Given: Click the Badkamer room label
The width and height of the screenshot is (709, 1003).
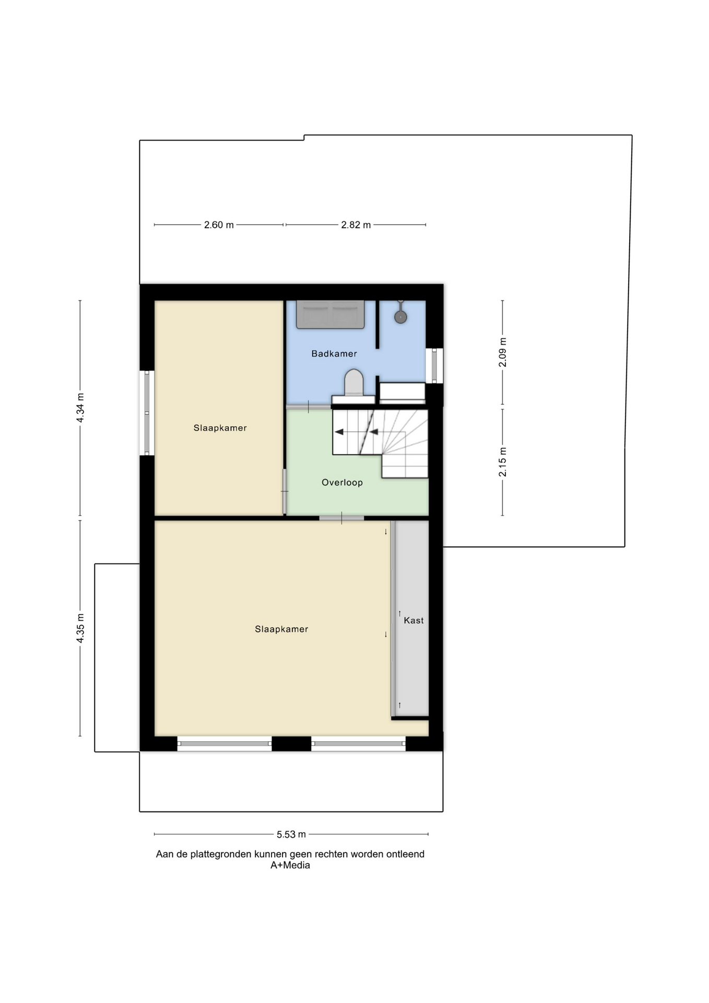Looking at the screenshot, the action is point(334,354).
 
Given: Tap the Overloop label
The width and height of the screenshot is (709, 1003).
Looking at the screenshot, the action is point(342,483).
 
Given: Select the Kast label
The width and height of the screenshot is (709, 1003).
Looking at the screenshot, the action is point(413,621).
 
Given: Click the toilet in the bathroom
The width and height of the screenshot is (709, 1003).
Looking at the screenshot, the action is point(354,382).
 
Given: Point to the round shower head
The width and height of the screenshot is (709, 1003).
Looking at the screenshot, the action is point(400,317).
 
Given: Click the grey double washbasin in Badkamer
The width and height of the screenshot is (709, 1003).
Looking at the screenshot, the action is point(330,314).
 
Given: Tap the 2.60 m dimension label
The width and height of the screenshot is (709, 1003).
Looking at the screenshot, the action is point(219,225).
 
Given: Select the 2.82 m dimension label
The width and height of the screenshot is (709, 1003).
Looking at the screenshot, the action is point(356,225).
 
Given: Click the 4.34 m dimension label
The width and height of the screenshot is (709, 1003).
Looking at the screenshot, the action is point(80,407).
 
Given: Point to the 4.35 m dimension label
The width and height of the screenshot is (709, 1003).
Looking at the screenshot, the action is point(80,628).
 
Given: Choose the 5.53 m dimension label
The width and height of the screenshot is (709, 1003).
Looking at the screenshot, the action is point(291,834).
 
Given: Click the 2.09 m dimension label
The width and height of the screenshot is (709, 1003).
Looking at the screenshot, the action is point(503,352).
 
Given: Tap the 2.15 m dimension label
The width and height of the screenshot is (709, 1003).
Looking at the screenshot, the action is point(503,462).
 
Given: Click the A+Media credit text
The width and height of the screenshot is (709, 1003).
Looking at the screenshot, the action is point(290,865).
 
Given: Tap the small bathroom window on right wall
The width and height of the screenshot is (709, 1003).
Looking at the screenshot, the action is point(434,366).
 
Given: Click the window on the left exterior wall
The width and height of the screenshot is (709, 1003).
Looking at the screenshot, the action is point(147,413).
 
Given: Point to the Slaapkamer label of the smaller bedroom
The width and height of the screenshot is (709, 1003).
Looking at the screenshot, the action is point(220,428).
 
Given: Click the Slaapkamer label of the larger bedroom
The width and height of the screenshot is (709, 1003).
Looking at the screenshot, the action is point(281,629).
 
